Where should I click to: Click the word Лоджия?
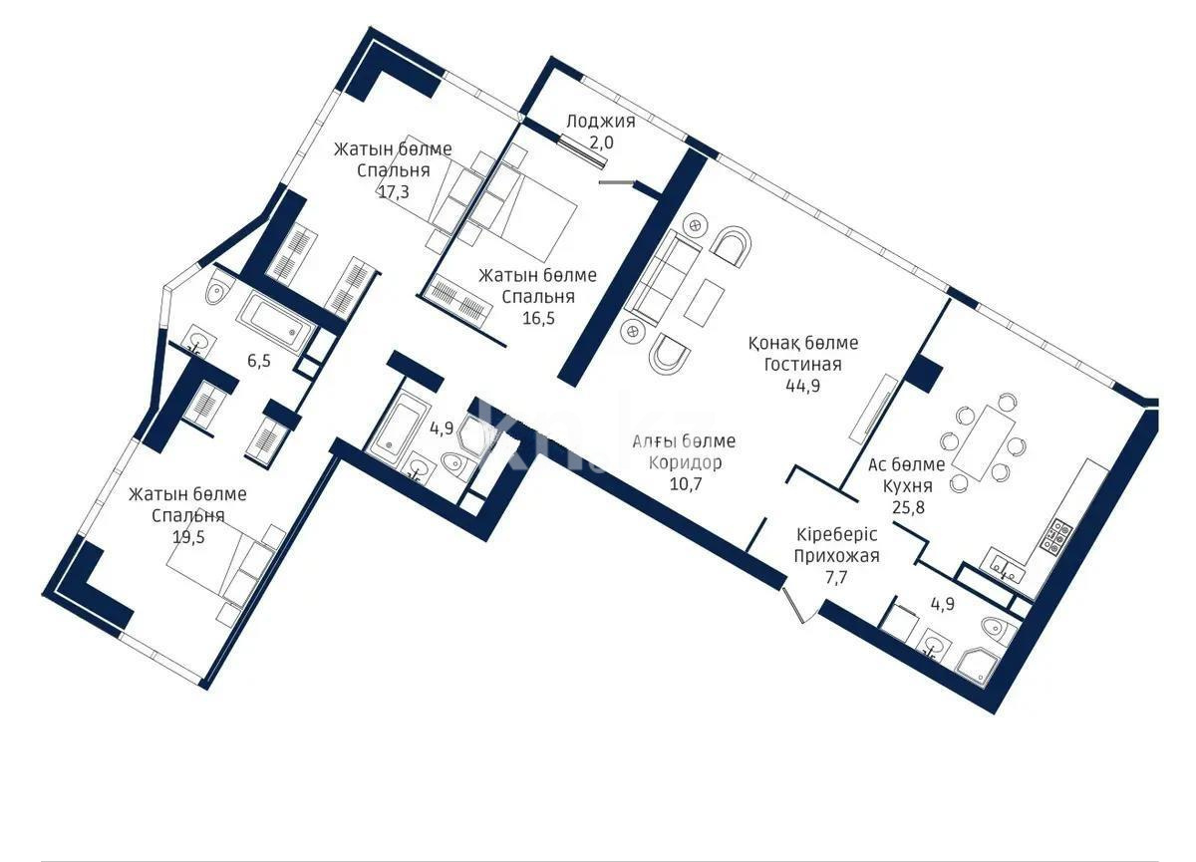600,122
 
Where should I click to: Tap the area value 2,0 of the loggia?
600,143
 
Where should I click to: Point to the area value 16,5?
537,318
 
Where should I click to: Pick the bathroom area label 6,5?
258,360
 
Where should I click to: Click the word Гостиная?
803,365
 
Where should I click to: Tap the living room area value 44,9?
802,387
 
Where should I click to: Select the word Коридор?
684,462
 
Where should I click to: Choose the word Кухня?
907,486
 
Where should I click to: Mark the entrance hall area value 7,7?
836,577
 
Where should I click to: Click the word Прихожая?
836,556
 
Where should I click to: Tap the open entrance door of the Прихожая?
799,605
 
